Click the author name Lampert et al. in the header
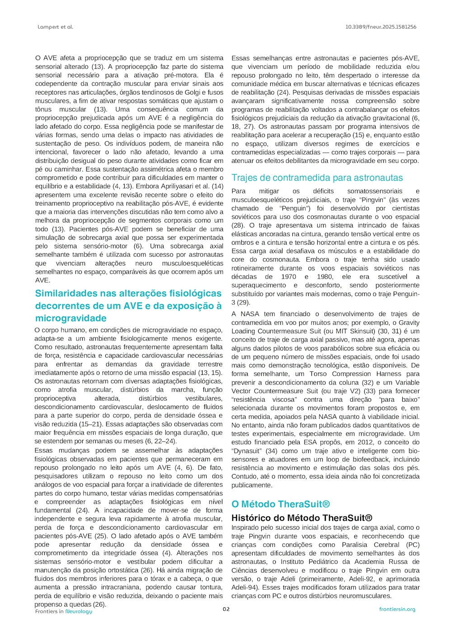click(x=55, y=27)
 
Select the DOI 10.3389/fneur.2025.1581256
click(x=381, y=27)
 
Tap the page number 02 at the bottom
click(x=226, y=609)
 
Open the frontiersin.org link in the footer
click(x=397, y=609)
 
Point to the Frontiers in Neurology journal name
click(x=64, y=612)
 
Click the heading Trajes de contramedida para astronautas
click(x=317, y=178)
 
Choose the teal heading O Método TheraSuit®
click(x=281, y=504)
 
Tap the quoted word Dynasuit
click(x=247, y=451)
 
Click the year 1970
click(x=288, y=277)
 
